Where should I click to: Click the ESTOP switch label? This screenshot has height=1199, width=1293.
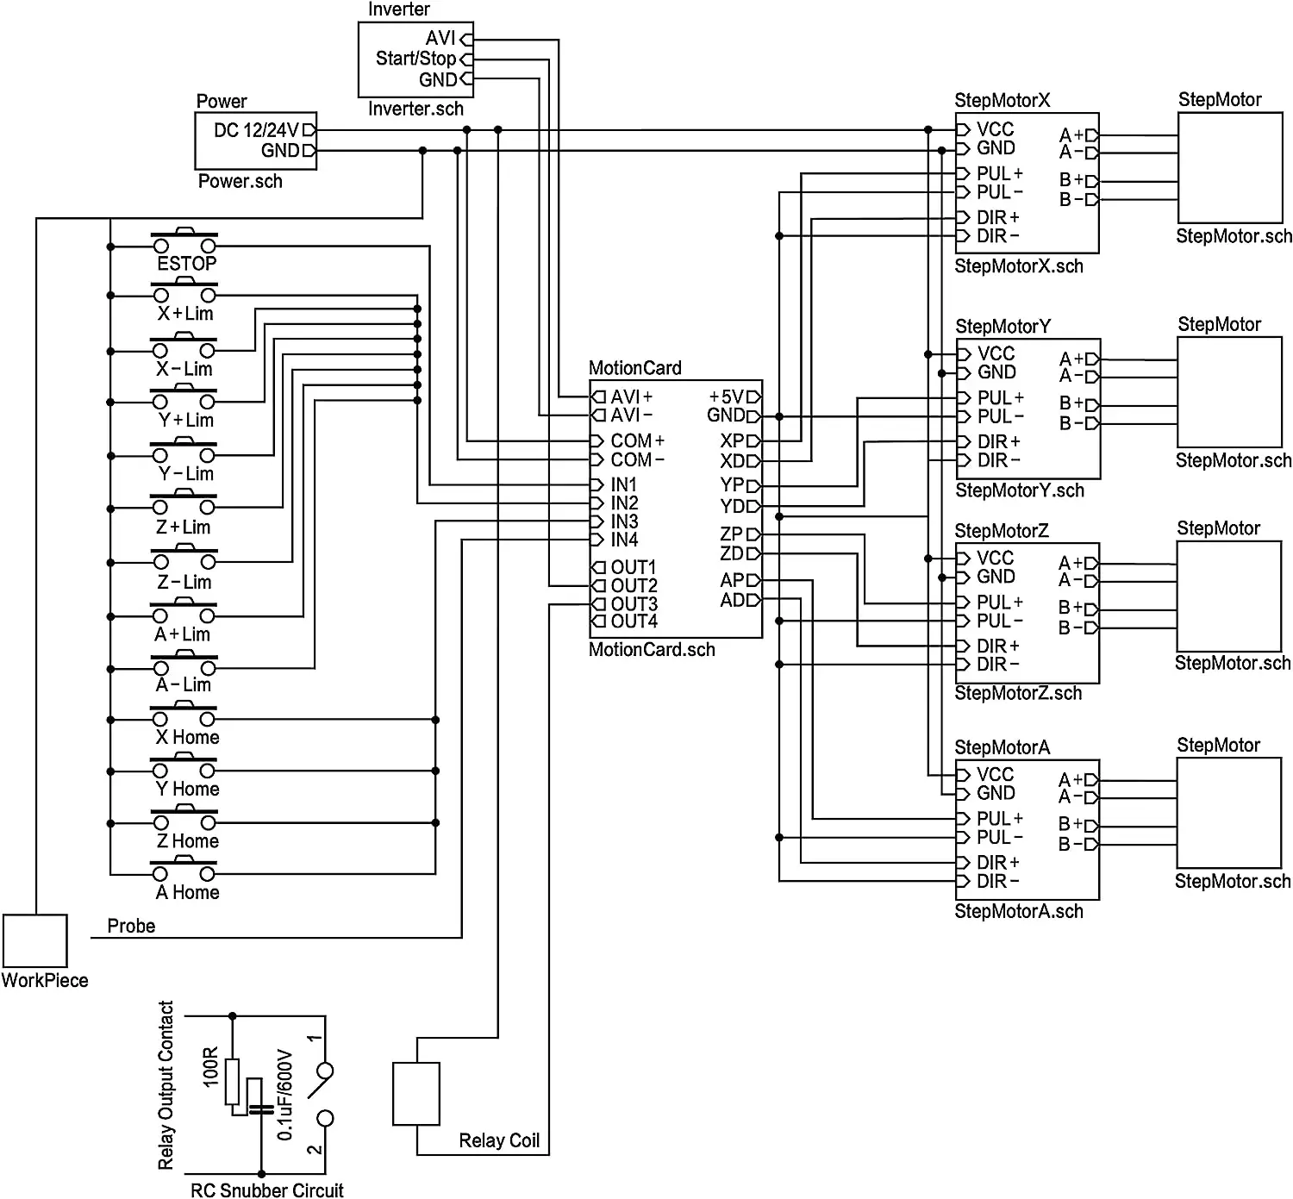point(187,264)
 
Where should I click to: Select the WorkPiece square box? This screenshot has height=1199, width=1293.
point(35,941)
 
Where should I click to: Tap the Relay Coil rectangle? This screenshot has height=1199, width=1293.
point(416,1094)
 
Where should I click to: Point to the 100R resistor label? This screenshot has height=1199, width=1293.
point(210,1067)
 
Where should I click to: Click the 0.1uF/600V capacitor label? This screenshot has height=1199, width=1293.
point(284,1095)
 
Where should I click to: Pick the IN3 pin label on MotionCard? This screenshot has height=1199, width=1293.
point(624,521)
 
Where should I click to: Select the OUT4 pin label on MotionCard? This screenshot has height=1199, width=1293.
point(634,621)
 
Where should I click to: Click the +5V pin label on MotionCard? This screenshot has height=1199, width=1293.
point(727,397)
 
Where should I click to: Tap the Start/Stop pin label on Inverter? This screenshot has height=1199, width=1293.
point(416,59)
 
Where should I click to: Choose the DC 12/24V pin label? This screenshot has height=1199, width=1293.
point(257,130)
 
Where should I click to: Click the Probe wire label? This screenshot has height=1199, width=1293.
point(132,926)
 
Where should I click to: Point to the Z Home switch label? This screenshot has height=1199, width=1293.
point(188,840)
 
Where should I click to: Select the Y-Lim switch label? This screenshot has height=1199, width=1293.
point(186,473)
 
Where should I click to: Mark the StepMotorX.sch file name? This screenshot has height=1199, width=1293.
point(1019,266)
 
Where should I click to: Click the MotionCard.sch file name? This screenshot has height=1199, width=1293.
point(652,649)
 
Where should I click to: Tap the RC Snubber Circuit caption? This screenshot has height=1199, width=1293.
point(267,1190)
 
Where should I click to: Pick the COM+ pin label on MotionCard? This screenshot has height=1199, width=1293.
point(637,441)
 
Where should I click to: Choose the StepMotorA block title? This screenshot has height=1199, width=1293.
point(1003,747)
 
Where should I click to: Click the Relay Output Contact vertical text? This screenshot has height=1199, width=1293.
point(166,1084)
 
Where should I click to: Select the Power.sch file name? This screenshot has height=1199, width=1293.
point(240,181)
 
